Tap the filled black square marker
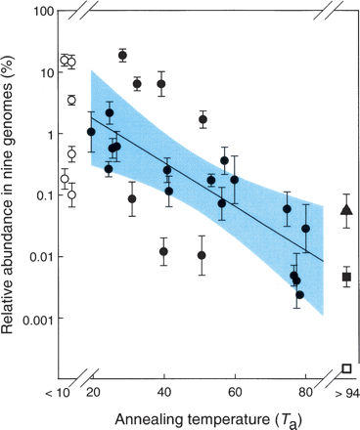click(x=346, y=278)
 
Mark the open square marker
click(x=346, y=368)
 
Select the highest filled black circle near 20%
click(x=122, y=55)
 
